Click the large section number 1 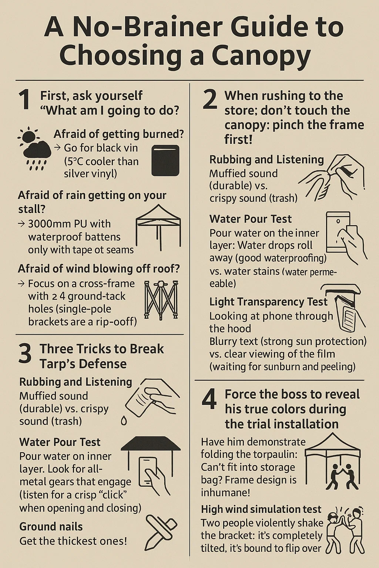pos(25,101)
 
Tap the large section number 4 pos(209,399)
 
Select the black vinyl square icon pos(165,160)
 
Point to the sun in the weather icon pos(28,136)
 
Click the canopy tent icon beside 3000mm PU pos(158,227)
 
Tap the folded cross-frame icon pos(161,300)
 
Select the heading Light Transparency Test pos(268,302)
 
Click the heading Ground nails pos(51,527)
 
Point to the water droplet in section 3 pos(124,421)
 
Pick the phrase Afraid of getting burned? pos(119,134)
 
